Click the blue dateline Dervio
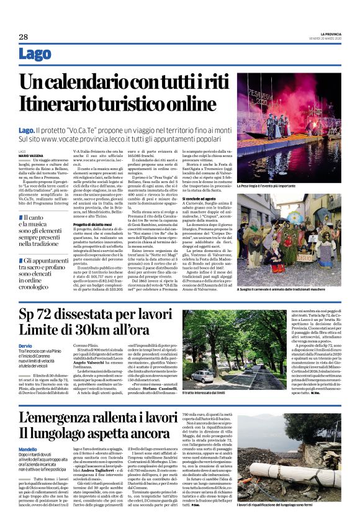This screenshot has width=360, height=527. pos(25,346)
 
